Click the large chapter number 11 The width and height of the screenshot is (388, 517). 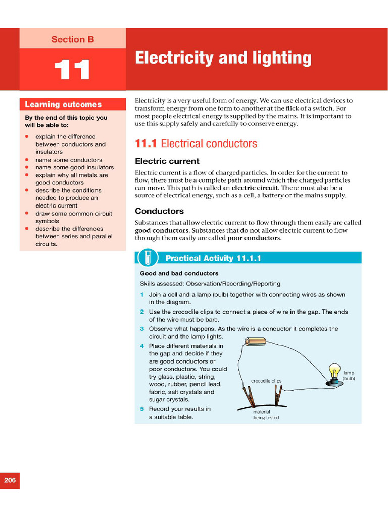(72, 70)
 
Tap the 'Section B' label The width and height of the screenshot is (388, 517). (72, 39)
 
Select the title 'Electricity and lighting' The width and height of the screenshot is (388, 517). (223, 58)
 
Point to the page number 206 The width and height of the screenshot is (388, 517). (10, 480)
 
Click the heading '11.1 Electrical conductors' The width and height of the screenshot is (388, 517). (196, 144)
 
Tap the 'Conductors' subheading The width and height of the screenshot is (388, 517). (159, 211)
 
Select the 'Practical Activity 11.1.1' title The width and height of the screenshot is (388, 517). (213, 258)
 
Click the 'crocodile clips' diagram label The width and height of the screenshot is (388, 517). (266, 381)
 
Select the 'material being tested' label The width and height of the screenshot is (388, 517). (266, 415)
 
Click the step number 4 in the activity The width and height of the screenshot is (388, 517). (142, 346)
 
